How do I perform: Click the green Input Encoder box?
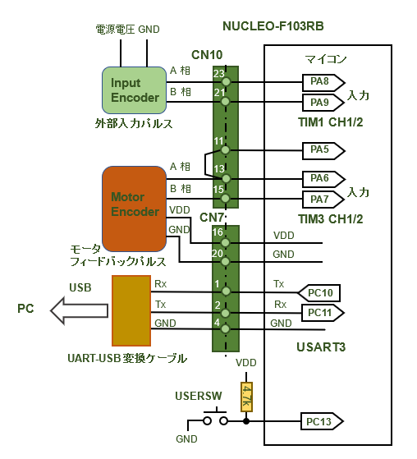(x=135, y=90)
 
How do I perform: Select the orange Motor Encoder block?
(x=135, y=209)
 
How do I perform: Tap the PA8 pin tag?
(x=323, y=82)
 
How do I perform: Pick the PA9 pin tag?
(x=323, y=103)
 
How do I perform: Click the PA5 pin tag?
(x=323, y=151)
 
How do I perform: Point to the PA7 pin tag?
(x=323, y=200)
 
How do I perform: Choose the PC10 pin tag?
(x=319, y=293)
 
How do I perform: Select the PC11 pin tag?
(x=323, y=313)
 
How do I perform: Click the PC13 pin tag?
(x=322, y=421)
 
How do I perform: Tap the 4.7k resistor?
(x=246, y=397)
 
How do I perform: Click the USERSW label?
(x=199, y=396)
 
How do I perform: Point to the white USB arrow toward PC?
(x=79, y=310)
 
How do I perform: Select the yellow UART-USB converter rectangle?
(x=131, y=310)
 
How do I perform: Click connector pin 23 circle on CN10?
(x=225, y=81)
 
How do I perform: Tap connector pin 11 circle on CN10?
(x=225, y=150)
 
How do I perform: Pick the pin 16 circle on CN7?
(x=225, y=243)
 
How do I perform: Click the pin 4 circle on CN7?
(x=225, y=329)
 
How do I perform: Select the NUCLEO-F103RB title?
(x=273, y=26)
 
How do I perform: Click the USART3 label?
(x=321, y=347)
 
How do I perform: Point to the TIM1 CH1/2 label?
(x=331, y=122)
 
